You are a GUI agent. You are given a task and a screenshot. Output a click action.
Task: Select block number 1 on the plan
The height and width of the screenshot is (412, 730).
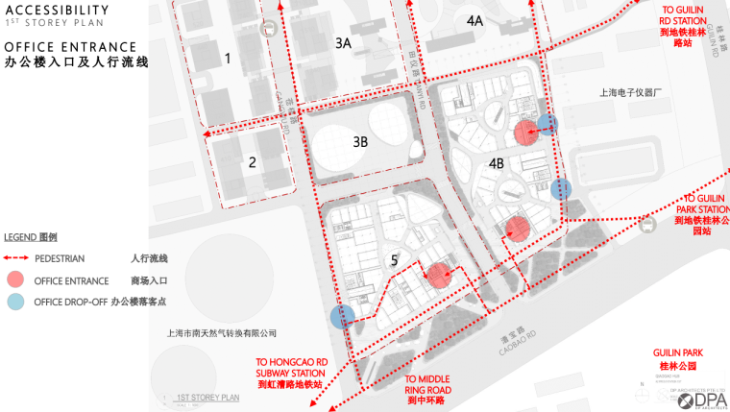pos(228,59)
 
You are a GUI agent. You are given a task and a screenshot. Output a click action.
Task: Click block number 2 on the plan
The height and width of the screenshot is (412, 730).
pos(253,162)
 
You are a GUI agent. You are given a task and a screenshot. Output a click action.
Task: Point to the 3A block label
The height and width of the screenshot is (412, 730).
pos(343,43)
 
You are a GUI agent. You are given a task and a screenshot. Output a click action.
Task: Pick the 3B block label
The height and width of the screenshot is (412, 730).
pos(360,142)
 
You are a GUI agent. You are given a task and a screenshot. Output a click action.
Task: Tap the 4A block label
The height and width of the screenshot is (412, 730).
pos(474,21)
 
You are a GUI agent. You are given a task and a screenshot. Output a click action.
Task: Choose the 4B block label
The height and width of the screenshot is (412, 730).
pos(497,163)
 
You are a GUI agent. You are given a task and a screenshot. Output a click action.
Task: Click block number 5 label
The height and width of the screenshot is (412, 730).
pos(394,259)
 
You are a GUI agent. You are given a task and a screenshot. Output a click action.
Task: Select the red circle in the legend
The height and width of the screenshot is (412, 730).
pos(15,279)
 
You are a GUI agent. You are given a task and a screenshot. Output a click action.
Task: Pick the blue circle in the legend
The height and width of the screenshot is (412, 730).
pos(15,302)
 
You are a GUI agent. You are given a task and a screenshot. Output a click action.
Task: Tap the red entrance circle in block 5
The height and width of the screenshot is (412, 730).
pos(438,276)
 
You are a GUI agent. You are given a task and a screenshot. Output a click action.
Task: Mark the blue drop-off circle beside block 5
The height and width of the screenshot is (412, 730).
pos(341,317)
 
